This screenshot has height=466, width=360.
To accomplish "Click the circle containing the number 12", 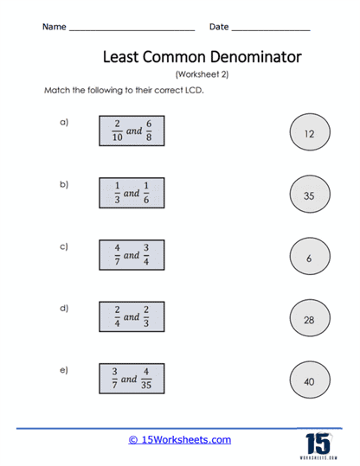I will (x=309, y=134).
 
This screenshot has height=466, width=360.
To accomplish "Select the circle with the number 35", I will (x=309, y=195).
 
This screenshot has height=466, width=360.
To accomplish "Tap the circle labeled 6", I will (x=309, y=257).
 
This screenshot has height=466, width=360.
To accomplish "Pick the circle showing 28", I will (x=309, y=318).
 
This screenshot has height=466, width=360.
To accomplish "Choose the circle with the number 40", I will (x=309, y=380).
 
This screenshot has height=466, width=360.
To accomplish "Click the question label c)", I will (x=64, y=246).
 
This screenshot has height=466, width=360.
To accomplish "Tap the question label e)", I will (x=64, y=370).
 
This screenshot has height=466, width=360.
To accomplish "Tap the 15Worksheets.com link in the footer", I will (x=179, y=439).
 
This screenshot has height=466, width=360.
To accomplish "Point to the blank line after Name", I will (x=131, y=29).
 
